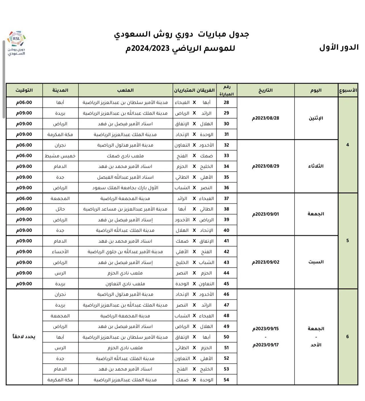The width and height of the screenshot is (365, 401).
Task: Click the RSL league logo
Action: [16, 43]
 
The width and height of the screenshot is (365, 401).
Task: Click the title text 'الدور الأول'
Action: [339, 47]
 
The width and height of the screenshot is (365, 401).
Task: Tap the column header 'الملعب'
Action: [125, 90]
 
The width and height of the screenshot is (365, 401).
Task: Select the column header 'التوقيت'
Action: [24, 90]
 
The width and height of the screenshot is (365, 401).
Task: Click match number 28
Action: [226, 102]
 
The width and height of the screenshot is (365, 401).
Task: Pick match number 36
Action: [226, 188]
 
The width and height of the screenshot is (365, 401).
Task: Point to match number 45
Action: [226, 284]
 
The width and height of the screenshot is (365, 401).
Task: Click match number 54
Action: [226, 380]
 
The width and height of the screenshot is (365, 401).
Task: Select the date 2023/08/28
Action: [266, 118]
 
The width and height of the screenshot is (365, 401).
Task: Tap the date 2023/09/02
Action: [266, 262]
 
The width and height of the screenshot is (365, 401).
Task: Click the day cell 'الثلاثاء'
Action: [316, 166]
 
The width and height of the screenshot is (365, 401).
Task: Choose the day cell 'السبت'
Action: [316, 262]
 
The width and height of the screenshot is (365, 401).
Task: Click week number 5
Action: [347, 241]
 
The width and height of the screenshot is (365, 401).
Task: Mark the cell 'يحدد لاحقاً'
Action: [24, 337]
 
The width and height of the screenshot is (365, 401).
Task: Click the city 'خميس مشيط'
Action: [60, 156]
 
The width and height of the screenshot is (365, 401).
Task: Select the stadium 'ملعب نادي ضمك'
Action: [125, 156]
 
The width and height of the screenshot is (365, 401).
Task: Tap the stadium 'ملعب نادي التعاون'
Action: [125, 284]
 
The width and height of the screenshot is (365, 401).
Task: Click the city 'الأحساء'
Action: [60, 252]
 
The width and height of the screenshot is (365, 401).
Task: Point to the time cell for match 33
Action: [24, 156]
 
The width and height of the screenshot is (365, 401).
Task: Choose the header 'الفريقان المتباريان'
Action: [194, 90]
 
